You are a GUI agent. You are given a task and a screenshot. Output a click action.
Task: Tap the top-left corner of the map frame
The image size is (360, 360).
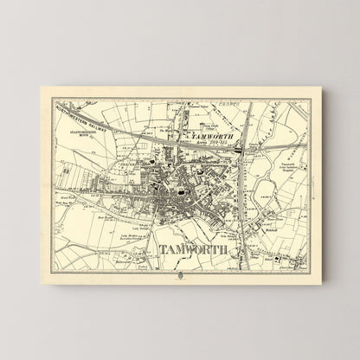[55, 101]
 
